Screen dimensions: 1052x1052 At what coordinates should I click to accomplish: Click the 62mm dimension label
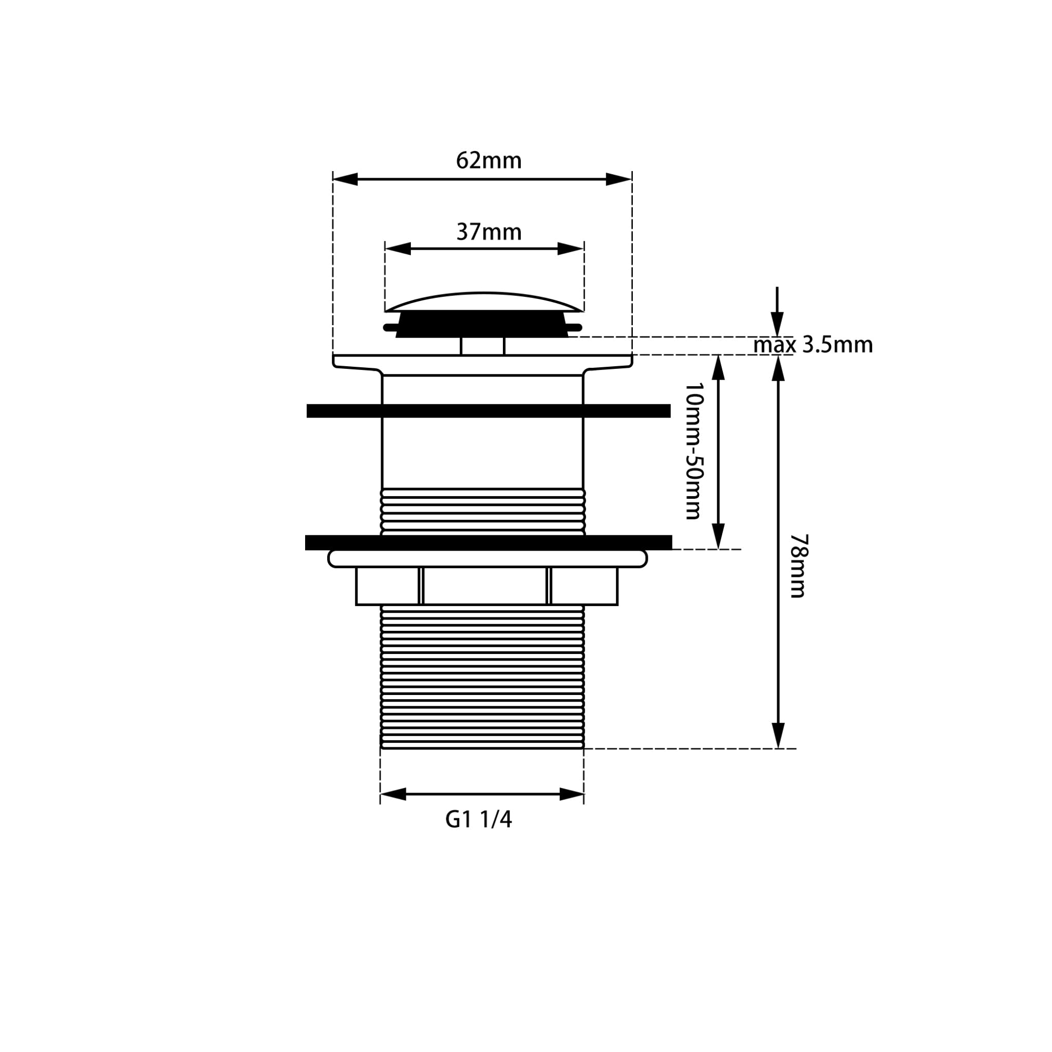(x=489, y=161)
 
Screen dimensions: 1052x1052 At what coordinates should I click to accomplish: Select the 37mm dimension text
(x=489, y=232)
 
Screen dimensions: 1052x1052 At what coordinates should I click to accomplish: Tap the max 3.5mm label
(x=813, y=345)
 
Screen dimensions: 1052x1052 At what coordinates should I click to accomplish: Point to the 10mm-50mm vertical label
(x=693, y=451)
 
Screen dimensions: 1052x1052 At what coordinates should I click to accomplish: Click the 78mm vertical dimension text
(x=799, y=566)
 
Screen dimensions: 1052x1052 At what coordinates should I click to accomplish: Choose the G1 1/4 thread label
(x=479, y=820)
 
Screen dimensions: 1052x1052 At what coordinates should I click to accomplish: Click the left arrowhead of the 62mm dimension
(x=345, y=179)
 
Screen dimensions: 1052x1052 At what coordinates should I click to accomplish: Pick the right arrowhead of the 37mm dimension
(x=571, y=249)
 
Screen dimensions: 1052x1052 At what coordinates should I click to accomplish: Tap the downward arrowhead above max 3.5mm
(x=777, y=325)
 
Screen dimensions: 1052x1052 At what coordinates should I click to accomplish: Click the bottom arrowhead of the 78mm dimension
(x=779, y=736)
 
